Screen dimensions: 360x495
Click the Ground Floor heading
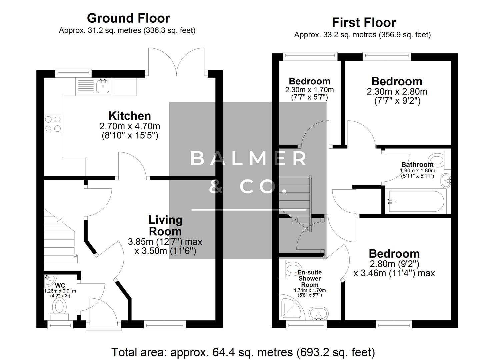click(128, 18)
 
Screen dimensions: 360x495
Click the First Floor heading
click(364, 23)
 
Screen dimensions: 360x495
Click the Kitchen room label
click(130, 116)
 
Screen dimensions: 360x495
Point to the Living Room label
click(165, 226)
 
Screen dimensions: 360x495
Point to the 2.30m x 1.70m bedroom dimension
click(309, 90)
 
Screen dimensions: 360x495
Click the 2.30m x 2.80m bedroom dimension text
click(397, 92)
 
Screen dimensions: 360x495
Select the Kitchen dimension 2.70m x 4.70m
click(130, 126)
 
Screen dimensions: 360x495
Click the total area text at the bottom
click(243, 352)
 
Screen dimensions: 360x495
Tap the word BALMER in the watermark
click(248, 159)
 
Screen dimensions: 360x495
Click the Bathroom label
click(417, 164)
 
